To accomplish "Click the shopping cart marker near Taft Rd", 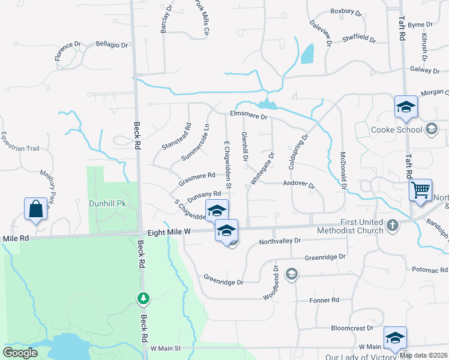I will click(421, 191).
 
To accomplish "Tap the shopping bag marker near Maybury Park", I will click(36, 209).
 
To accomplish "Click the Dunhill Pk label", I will click(106, 203).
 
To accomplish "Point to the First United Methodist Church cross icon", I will click(393, 226).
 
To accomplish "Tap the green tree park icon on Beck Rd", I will click(143, 298).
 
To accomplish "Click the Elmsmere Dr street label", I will click(248, 116).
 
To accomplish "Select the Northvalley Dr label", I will click(279, 241).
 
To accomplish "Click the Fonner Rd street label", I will click(324, 300).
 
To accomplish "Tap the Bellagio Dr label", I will click(112, 45).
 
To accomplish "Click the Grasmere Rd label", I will click(197, 176).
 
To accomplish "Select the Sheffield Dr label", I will click(359, 39).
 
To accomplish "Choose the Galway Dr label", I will click(425, 70).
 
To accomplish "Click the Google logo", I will click(20, 353).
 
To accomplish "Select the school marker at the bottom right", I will click(395, 338).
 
